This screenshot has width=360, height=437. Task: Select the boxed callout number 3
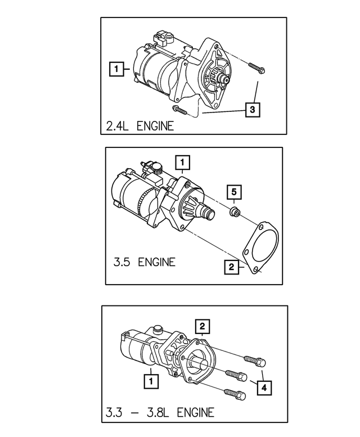(253, 109)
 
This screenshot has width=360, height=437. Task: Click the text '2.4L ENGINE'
(139, 125)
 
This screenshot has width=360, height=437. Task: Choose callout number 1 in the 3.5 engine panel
(182, 163)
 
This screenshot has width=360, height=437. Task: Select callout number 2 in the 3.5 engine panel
(230, 267)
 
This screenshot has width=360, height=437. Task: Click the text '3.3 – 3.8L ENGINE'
(160, 413)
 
